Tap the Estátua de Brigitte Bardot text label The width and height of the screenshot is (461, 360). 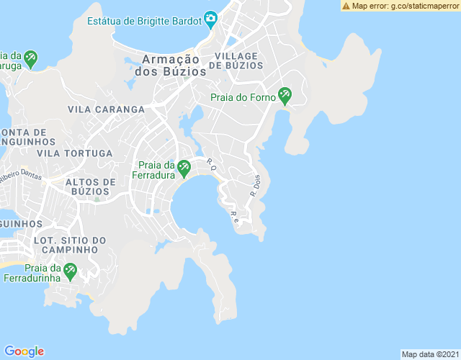(x=144, y=21)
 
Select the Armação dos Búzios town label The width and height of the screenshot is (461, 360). (x=170, y=66)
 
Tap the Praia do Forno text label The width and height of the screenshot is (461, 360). (x=243, y=97)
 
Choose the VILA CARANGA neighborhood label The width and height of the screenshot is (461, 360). (x=106, y=109)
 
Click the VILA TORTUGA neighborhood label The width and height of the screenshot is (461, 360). (x=75, y=153)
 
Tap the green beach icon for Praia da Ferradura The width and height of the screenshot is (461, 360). (x=184, y=168)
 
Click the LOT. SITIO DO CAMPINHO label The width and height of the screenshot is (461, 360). (x=70, y=245)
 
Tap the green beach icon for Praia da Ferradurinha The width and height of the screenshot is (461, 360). (x=70, y=272)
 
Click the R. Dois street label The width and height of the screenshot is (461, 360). (x=255, y=186)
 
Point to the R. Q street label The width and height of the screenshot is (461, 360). (x=211, y=164)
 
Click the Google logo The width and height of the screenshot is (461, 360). (x=24, y=351)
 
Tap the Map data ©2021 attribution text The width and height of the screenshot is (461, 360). (x=429, y=354)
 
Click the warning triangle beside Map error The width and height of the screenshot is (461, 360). (x=346, y=6)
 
